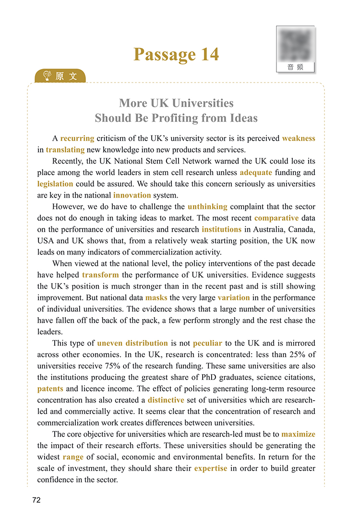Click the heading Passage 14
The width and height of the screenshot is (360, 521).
[x=176, y=54]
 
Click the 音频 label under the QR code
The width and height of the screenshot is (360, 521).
[x=295, y=67]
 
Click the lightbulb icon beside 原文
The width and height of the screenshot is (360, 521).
[x=47, y=76]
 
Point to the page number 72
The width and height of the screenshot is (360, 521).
[x=36, y=500]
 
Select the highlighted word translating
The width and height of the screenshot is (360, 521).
[x=65, y=150]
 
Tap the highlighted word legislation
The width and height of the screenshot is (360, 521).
[x=55, y=184]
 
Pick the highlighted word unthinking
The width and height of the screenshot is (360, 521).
[x=207, y=207]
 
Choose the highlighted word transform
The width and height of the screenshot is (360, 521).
[x=100, y=275]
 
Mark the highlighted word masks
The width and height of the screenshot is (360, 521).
[x=156, y=298]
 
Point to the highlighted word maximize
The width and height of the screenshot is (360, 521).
[x=298, y=434]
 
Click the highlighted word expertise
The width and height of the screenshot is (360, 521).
[x=211, y=468]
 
